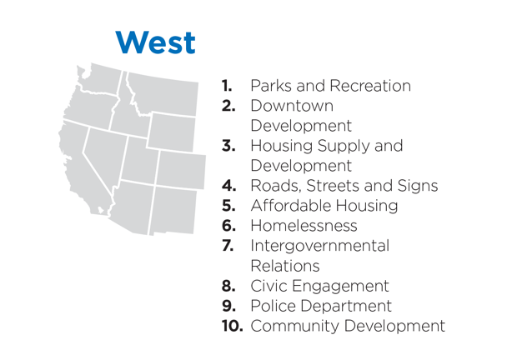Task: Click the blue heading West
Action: [156, 42]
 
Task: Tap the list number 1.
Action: [227, 86]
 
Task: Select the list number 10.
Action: [233, 326]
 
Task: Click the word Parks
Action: [271, 86]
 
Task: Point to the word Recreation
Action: [370, 86]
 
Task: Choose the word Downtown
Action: [292, 106]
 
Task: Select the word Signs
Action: [418, 187]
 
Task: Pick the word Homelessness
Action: [304, 226]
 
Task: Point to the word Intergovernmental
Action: [320, 247]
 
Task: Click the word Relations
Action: [285, 266]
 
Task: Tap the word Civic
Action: [269, 286]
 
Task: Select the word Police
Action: [273, 306]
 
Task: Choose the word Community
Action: [294, 327]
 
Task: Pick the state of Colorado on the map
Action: [181, 170]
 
